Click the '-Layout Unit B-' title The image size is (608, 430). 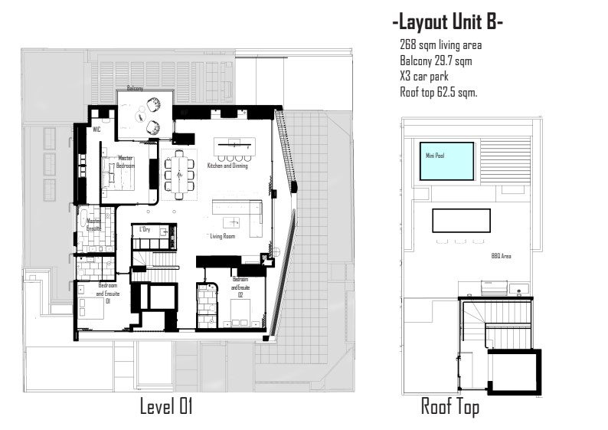(x=447, y=23)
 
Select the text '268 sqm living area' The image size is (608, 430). (x=440, y=46)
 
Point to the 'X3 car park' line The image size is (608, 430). (x=423, y=77)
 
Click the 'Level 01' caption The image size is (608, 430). (x=165, y=407)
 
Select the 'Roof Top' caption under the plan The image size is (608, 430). (x=450, y=407)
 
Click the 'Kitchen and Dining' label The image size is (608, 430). (x=227, y=166)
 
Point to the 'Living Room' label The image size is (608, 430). (x=223, y=237)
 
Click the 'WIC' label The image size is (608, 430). (x=96, y=130)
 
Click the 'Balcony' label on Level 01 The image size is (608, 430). (x=136, y=89)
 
